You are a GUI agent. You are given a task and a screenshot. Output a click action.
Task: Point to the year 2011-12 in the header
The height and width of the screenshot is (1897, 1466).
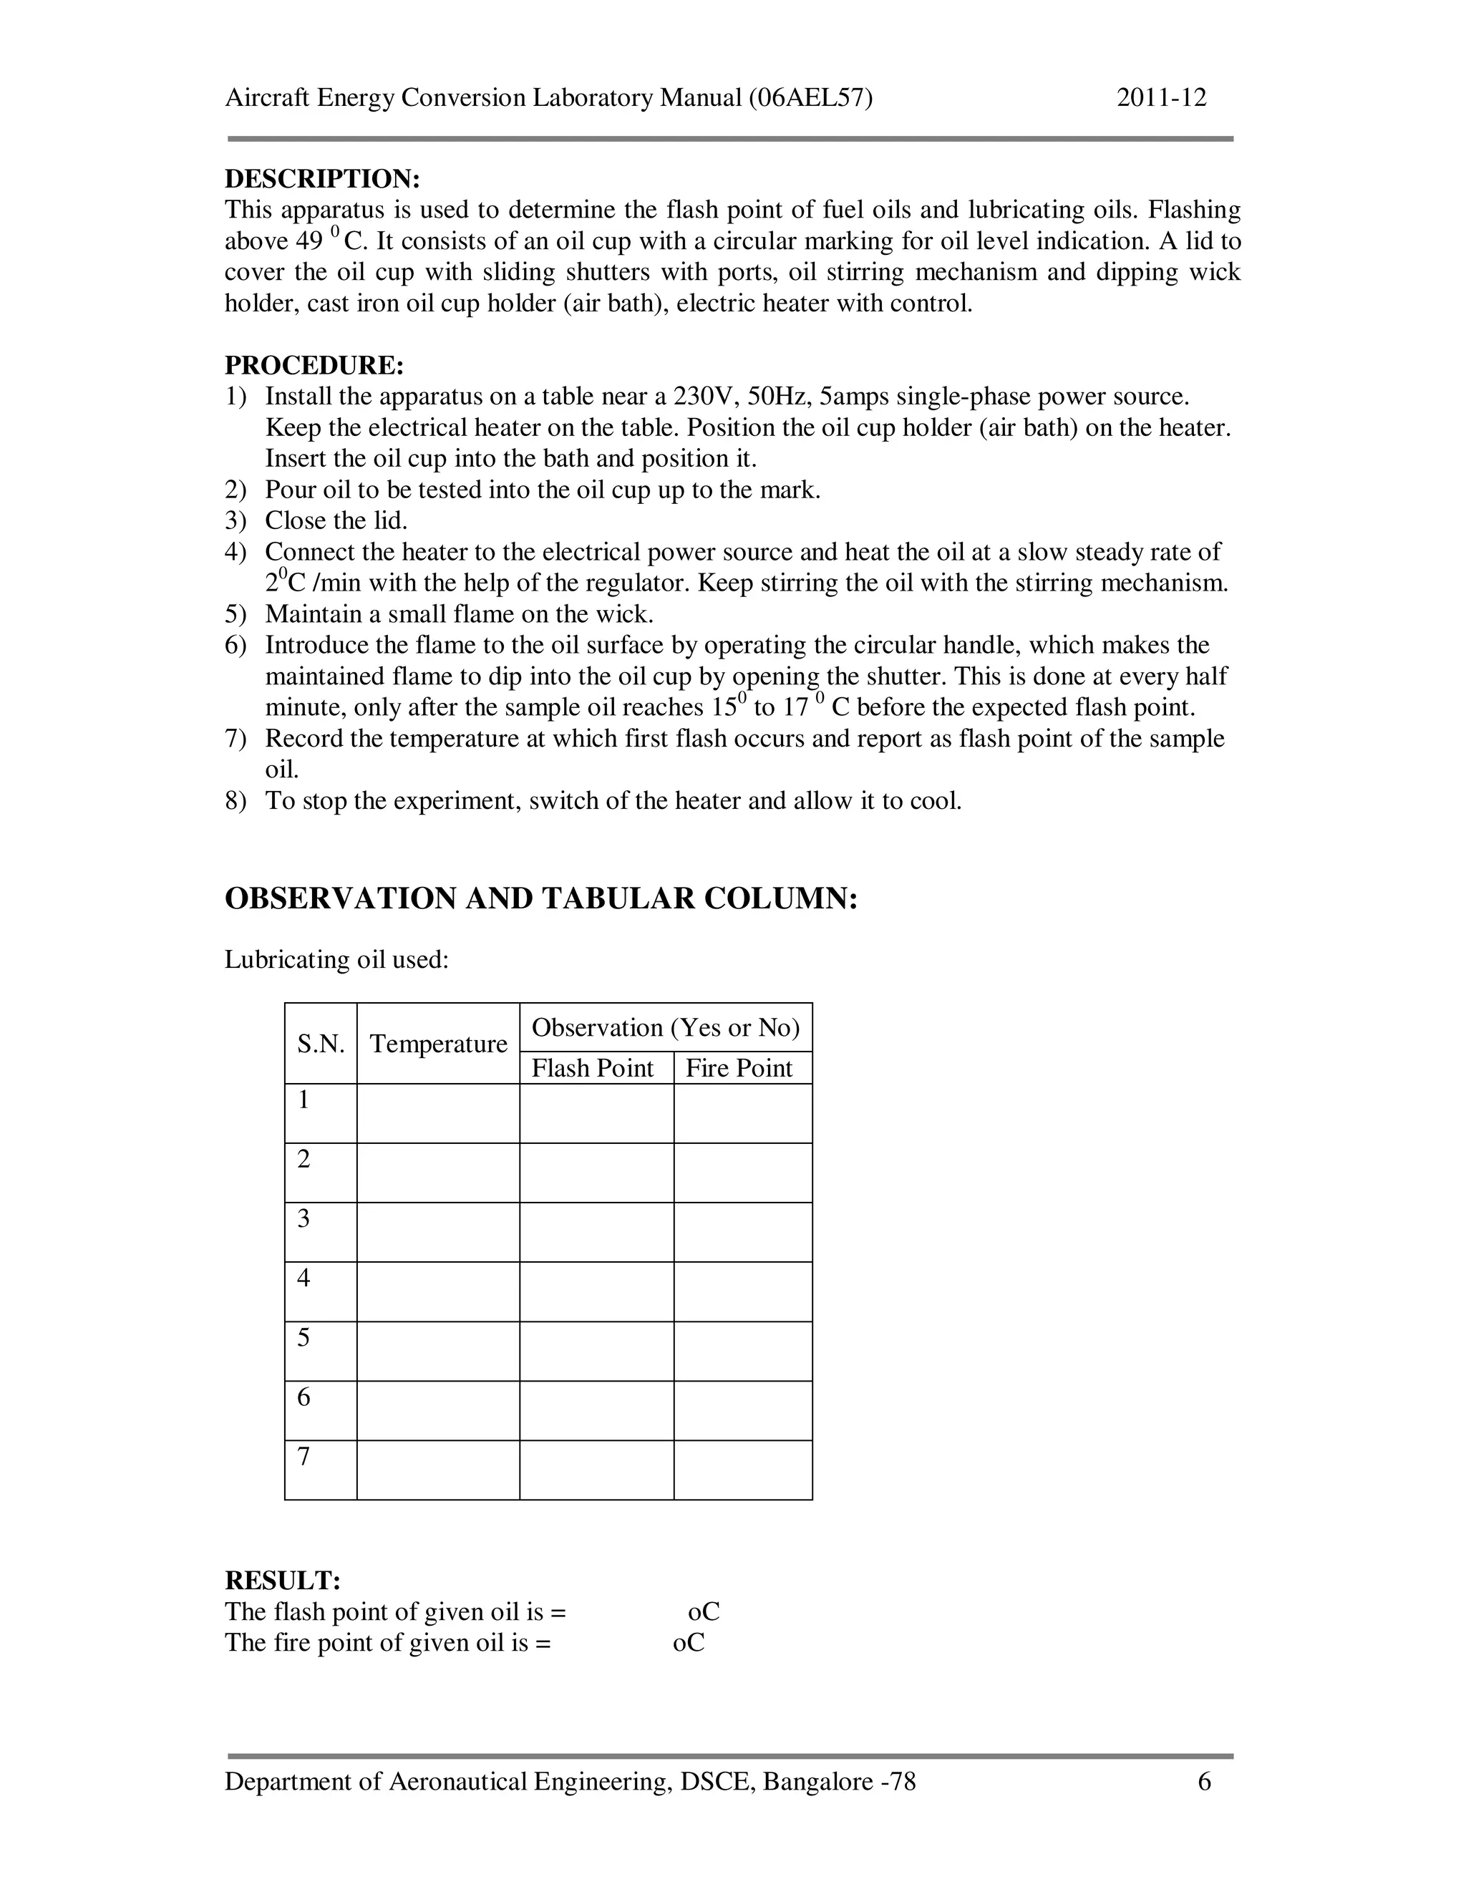1161,97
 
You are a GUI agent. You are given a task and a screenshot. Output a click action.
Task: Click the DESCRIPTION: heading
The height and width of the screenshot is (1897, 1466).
322,179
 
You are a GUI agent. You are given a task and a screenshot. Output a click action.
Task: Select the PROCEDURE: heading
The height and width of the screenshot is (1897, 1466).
314,366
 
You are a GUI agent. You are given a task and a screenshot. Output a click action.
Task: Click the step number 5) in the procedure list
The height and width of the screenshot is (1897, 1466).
236,615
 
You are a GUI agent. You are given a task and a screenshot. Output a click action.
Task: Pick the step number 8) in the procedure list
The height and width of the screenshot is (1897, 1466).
236,801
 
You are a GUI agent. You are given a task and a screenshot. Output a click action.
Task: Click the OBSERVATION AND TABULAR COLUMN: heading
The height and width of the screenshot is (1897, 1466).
541,898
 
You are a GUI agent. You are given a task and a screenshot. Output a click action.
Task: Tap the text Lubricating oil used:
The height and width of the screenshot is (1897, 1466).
337,960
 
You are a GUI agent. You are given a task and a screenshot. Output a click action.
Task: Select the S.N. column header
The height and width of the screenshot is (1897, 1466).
321,1044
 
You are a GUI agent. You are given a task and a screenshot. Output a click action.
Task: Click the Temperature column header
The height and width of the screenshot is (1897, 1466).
439,1044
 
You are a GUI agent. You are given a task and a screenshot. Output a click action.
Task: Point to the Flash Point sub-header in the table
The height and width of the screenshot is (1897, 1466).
592,1068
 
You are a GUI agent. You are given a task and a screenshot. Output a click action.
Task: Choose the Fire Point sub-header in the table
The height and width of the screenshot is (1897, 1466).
739,1068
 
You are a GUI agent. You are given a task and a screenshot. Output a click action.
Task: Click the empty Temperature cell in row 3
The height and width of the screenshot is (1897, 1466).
439,1233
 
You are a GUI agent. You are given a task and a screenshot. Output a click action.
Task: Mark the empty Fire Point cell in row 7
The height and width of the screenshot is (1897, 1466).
742,1470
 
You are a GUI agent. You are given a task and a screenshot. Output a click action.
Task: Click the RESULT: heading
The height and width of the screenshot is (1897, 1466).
282,1580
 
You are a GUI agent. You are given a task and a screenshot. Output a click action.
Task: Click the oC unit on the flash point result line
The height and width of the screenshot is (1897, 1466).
704,1612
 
